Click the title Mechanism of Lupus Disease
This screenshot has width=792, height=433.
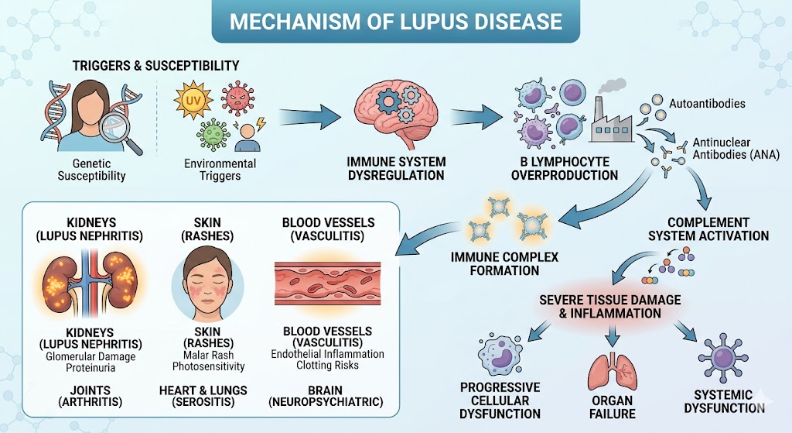click(396, 21)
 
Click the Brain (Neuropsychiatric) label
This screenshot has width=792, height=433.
click(326, 396)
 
